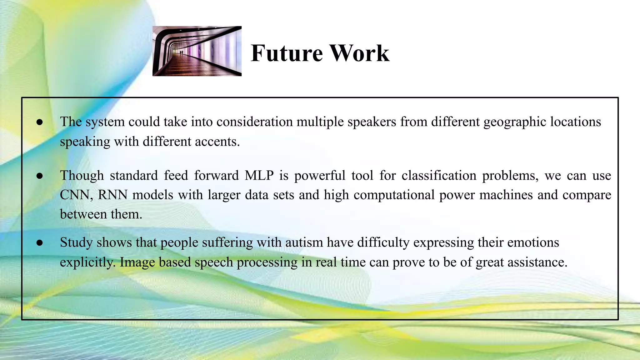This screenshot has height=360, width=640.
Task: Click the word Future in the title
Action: [x=287, y=53]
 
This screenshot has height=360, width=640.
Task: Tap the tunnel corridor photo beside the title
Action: [x=197, y=51]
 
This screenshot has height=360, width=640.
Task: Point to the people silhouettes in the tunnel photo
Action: [x=182, y=52]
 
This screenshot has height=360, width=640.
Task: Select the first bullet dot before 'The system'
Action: [x=39, y=122]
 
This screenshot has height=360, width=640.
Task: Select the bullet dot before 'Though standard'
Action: [x=39, y=176]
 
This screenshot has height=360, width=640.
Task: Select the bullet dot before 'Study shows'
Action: [x=39, y=243]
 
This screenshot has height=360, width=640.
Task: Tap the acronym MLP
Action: [x=259, y=175]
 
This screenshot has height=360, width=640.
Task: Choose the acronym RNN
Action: [x=112, y=195]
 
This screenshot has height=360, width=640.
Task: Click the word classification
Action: [x=439, y=175]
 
